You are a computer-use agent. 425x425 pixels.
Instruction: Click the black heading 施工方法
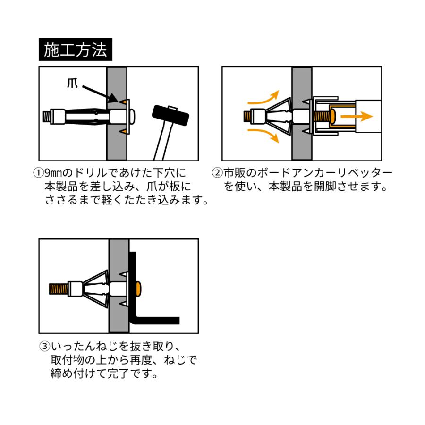[x=76, y=50]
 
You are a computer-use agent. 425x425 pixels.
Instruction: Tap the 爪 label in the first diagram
[x=72, y=84]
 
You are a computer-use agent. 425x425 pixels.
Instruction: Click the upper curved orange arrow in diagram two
[x=264, y=100]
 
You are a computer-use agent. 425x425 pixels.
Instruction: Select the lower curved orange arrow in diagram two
[x=264, y=135]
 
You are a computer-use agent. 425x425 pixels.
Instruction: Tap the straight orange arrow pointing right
[x=357, y=116]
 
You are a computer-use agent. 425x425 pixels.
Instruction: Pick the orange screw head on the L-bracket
[x=138, y=289]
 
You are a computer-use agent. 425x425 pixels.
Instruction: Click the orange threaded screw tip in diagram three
[x=59, y=289]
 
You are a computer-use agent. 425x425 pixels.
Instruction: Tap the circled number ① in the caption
[x=38, y=173]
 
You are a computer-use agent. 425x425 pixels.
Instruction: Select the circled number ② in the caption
[x=217, y=173]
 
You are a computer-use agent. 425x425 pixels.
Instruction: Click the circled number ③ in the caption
[x=45, y=346]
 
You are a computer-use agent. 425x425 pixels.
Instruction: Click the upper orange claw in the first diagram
[x=123, y=102]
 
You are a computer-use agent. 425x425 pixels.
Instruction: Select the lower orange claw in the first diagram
[x=123, y=131]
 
